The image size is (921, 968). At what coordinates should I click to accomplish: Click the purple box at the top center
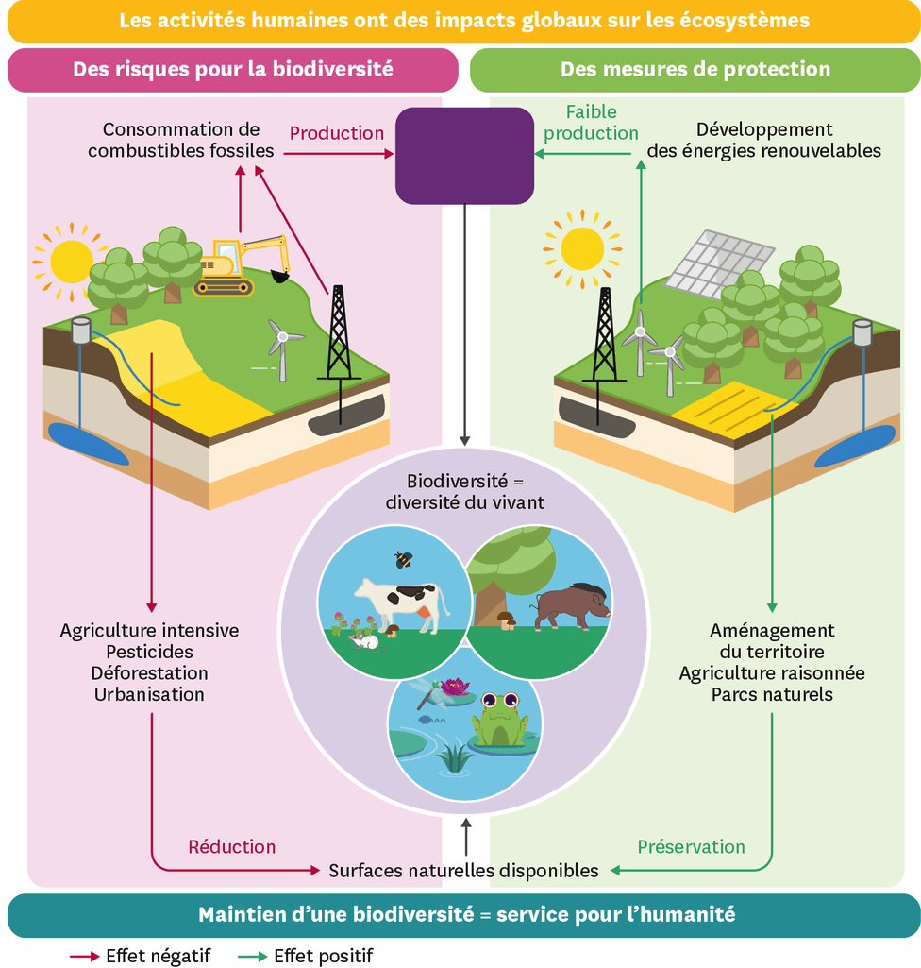464,155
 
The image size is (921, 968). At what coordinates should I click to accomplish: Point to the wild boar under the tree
571,605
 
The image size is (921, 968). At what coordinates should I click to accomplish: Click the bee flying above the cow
404,560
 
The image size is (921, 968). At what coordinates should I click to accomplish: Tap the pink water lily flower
455,686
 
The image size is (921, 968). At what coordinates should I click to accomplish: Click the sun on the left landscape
71,261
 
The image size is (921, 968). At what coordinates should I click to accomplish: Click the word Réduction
232,846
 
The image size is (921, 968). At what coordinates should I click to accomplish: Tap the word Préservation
691,846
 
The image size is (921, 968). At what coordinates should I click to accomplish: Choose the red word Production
337,133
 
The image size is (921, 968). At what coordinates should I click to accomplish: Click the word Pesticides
149,652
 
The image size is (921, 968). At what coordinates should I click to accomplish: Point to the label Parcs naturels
772,694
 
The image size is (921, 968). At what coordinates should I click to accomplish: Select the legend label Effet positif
324,956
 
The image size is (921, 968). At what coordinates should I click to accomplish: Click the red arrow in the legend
84,956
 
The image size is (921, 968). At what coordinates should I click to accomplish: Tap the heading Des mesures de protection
695,69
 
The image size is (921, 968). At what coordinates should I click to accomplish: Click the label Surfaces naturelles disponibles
463,870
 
